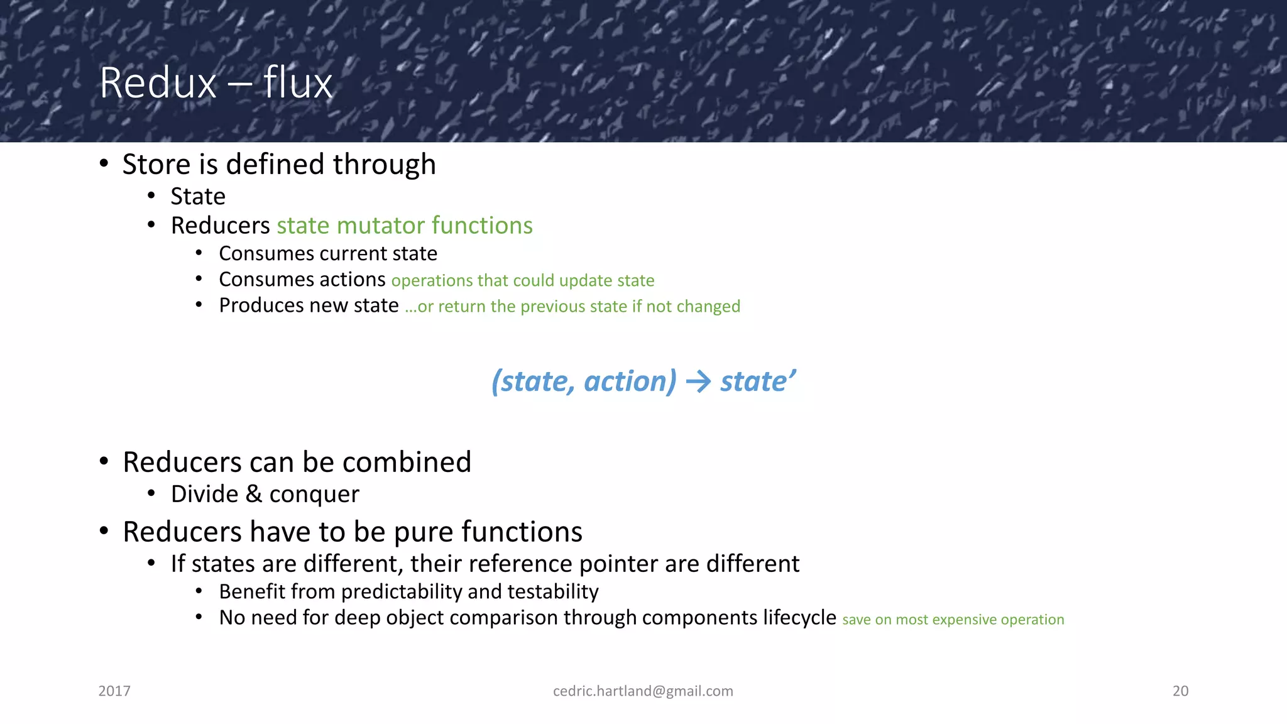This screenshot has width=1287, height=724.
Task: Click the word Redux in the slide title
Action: point(158,83)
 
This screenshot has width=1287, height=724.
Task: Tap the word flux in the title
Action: point(297,83)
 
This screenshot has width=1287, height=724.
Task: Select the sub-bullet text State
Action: point(198,197)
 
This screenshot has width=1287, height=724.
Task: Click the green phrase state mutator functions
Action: point(405,226)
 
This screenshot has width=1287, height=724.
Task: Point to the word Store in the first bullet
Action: point(156,165)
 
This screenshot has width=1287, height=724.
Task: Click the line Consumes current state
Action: point(327,253)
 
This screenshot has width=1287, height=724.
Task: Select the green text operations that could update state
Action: point(522,280)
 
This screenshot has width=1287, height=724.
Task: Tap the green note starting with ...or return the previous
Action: point(572,307)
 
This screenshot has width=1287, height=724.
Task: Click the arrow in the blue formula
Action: point(698,381)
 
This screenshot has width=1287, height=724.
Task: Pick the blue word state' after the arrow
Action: point(758,381)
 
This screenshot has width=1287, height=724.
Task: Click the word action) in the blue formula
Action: point(630,381)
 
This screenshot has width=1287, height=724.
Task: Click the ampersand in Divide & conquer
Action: point(254,494)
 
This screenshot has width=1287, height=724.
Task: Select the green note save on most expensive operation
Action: point(953,620)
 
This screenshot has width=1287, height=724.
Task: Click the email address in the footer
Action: point(643,691)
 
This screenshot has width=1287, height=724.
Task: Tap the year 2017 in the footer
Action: point(114,691)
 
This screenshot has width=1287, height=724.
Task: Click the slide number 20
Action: point(1180,691)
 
